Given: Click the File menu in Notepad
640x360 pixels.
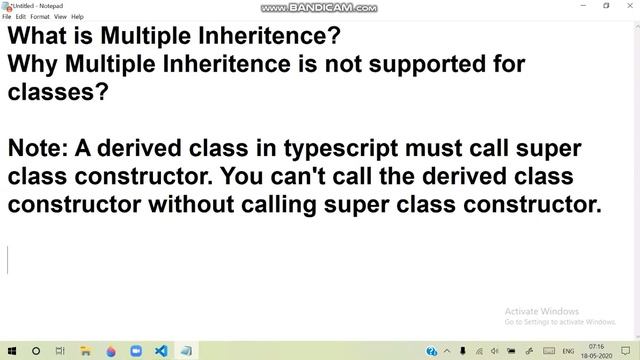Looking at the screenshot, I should [x=8, y=17].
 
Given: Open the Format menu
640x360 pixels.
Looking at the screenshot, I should [x=40, y=17].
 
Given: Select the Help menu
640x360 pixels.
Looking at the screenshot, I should [x=77, y=17].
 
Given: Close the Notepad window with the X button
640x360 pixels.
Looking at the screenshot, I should [x=628, y=6].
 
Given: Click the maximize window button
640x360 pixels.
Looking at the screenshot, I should [x=606, y=6].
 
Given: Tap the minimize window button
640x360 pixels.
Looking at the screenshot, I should [x=583, y=6].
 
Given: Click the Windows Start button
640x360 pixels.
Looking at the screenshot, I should [x=10, y=351].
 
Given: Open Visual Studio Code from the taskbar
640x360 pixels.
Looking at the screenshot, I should [x=160, y=351].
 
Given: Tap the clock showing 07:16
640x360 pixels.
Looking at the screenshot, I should [x=597, y=347].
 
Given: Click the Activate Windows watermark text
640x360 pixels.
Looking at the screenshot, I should [x=542, y=310].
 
